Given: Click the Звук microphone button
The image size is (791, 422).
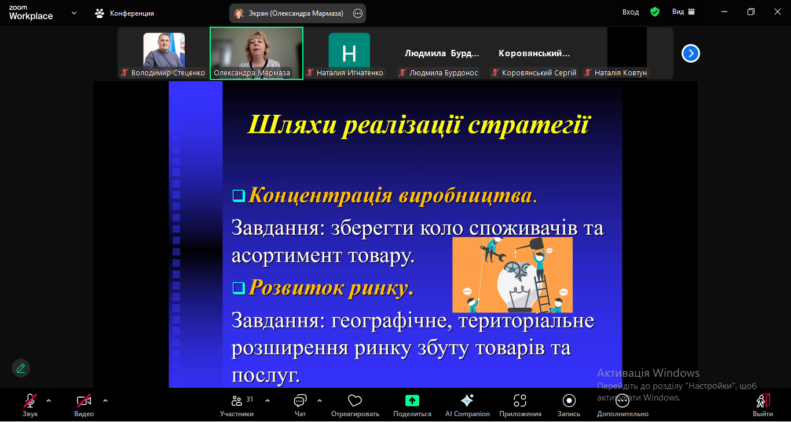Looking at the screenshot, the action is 30,401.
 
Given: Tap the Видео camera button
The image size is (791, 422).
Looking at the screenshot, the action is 84,401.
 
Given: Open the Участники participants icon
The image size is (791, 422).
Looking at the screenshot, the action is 237,401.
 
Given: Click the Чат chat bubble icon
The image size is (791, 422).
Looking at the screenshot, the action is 300,401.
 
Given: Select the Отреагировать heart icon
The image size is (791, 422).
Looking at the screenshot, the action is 355,401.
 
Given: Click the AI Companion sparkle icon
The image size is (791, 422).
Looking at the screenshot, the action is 467,401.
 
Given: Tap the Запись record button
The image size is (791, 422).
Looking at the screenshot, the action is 569,401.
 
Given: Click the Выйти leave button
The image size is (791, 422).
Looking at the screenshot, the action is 763,401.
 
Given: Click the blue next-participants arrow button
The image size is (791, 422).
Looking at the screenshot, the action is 691,53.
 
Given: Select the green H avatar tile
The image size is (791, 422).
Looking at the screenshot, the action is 349,50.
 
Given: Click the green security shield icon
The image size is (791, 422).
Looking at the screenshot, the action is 655,12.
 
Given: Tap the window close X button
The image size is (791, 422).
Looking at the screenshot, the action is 778,12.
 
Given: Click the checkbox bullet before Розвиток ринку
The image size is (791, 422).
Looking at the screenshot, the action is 239,288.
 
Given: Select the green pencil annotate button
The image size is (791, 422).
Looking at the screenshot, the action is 21,368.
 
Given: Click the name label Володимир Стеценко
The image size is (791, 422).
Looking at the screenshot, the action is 168,73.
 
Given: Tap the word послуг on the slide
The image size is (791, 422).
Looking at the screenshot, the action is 266,376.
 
